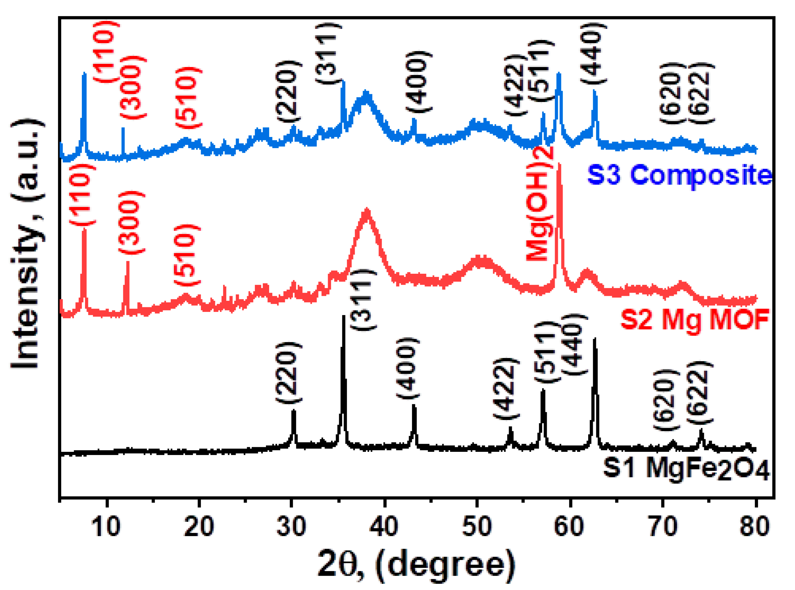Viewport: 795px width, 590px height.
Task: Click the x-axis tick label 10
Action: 106,526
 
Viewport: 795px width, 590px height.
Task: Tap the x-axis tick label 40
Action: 384,526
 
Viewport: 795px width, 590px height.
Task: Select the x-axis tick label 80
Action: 754,526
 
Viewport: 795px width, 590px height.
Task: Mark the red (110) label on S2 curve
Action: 83,195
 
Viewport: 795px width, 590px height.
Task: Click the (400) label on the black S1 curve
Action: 407,368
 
